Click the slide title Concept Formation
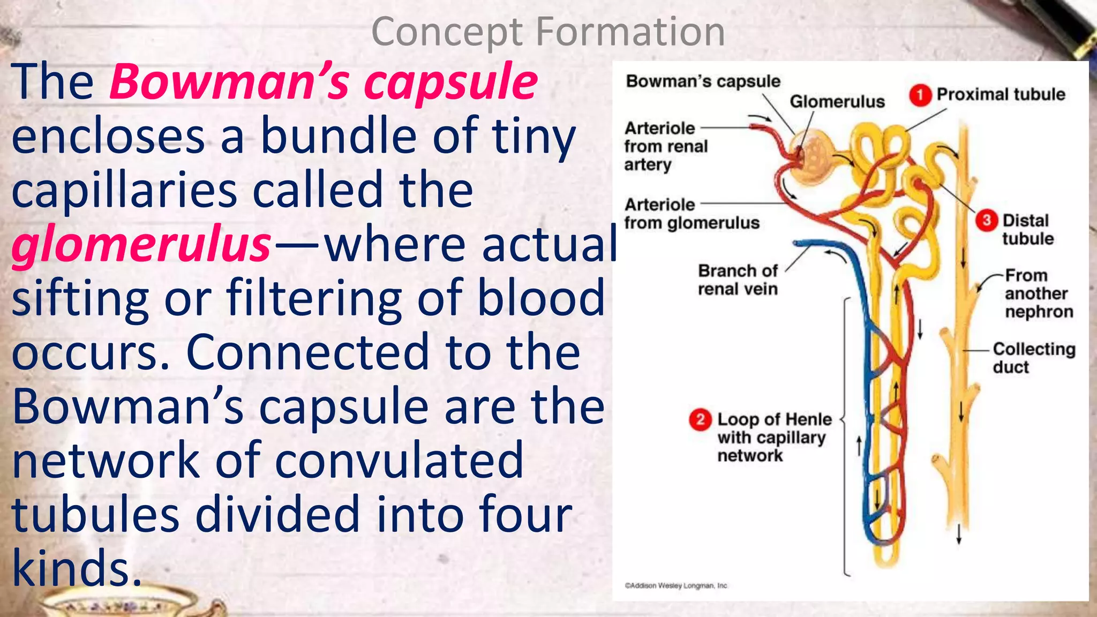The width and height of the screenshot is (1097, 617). pos(548,32)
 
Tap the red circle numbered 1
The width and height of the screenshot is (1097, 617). pos(920,95)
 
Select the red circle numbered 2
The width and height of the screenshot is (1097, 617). pos(700,419)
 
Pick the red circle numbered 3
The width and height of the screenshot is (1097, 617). pos(986,221)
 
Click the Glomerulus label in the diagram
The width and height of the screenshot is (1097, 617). pos(837,101)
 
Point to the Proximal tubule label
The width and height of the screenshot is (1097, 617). pos(1001,94)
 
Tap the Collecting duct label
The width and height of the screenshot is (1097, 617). pos(1033,358)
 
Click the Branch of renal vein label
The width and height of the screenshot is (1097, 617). pos(738,280)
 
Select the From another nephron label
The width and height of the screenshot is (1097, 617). pos(1039,294)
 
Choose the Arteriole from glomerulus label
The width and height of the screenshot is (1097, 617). pos(692,213)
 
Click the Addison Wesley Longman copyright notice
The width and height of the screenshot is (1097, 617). pos(676,585)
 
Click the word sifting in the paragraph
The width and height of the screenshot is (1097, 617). pos(80,299)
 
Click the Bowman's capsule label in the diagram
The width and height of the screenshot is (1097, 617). pos(703,81)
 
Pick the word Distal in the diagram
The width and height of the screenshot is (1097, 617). pos(1025,221)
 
